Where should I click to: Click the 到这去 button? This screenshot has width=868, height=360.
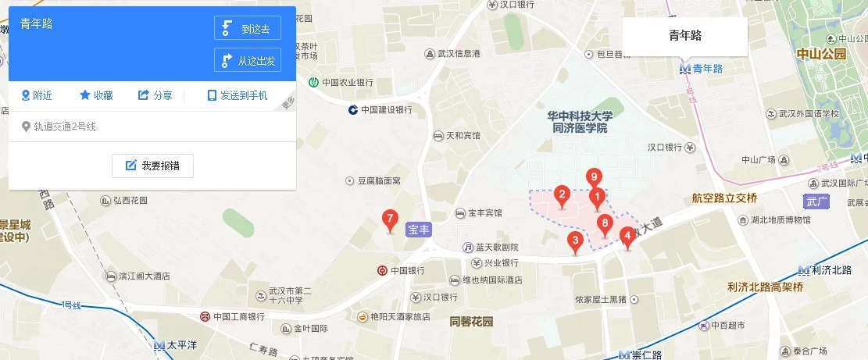coord(247,28)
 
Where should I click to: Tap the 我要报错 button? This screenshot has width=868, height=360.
coord(152,166)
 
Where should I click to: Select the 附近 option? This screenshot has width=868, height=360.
coord(37,95)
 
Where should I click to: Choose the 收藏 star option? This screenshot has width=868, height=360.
coord(96,95)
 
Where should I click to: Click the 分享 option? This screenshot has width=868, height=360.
coord(155,95)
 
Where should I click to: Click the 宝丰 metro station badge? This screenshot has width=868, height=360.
coord(419,231)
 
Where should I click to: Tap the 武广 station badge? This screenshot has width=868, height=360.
coord(816,201)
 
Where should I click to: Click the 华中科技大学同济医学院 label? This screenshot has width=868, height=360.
coord(579,121)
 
